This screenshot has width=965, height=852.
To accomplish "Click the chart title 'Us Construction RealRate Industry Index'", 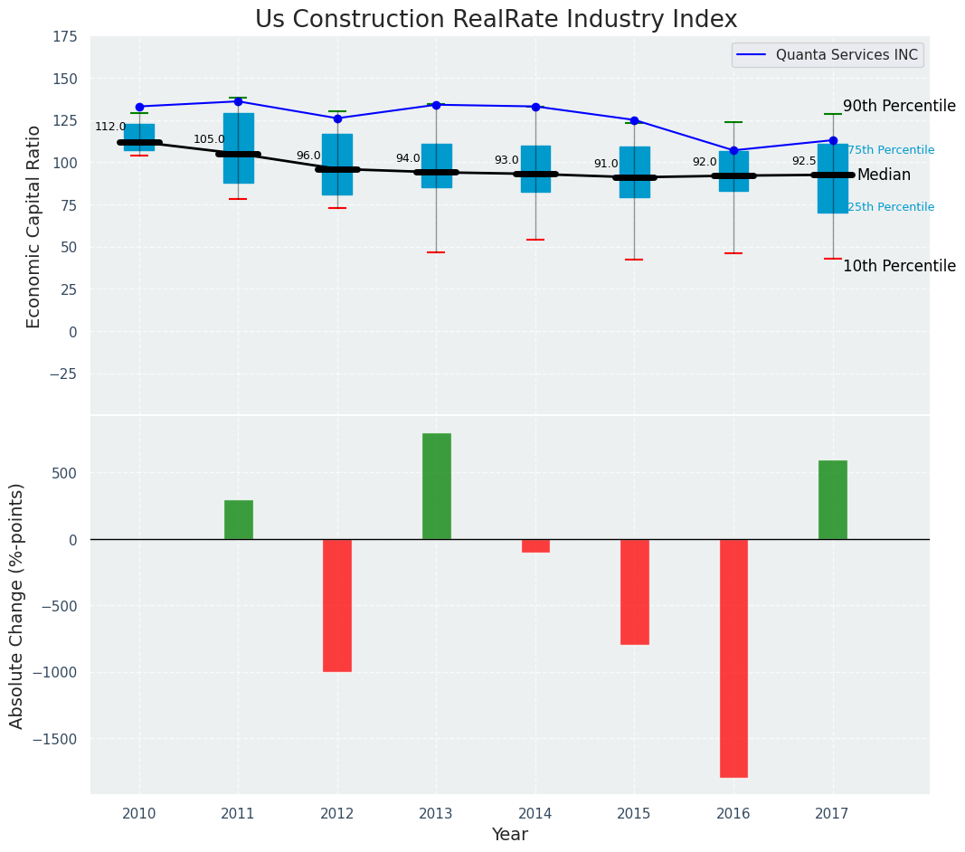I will (x=496, y=20).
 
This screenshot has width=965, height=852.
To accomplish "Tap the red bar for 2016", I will (x=733, y=658).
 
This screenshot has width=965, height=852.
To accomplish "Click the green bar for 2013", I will (x=436, y=486).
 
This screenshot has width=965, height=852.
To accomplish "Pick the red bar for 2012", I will (x=337, y=605).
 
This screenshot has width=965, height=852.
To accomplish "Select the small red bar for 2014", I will (x=535, y=545).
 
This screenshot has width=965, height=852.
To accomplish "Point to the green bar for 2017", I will (x=832, y=499).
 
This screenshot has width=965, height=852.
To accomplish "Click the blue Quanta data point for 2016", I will (x=733, y=150).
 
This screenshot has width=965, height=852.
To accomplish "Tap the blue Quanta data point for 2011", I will (x=238, y=101).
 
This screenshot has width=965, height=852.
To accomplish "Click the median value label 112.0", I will (x=110, y=127).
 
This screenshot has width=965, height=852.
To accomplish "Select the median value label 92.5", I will (x=803, y=161).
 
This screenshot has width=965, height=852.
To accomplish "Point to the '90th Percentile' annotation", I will (x=899, y=106).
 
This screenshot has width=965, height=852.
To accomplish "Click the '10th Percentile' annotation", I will (x=899, y=266).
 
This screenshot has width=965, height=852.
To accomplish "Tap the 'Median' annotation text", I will (x=884, y=175).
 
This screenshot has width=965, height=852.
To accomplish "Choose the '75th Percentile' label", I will (x=891, y=150).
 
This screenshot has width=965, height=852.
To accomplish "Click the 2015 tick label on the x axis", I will (x=634, y=814).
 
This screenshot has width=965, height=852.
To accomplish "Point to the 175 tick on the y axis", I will (x=64, y=38).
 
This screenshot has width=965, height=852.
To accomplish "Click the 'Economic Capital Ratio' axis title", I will (x=34, y=226).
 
